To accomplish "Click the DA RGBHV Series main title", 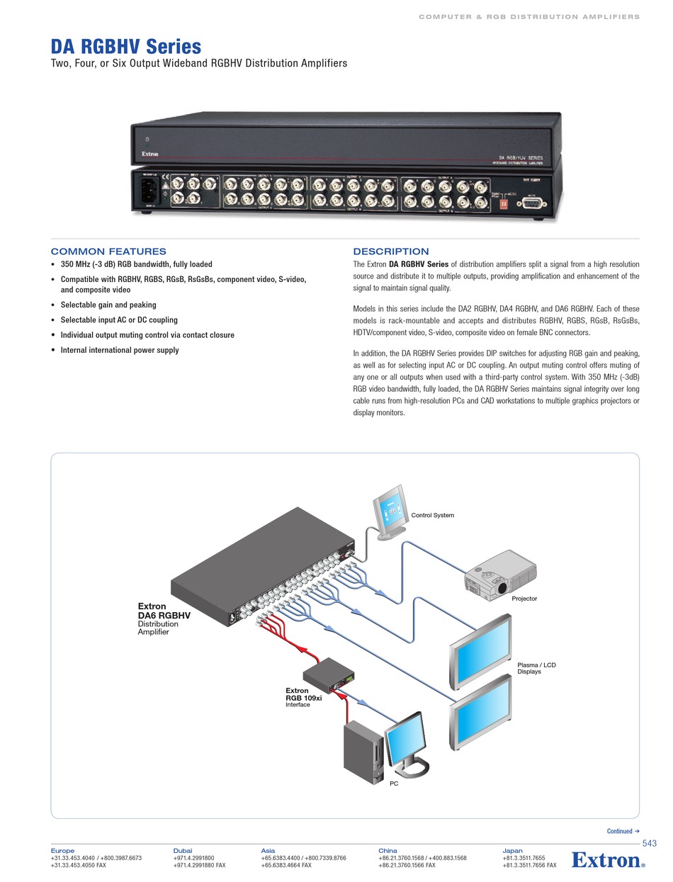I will [x=125, y=47].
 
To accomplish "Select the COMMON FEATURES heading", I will [x=108, y=251].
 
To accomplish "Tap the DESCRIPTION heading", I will [x=390, y=251].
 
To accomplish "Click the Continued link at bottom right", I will [x=623, y=831].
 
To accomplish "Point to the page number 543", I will [x=649, y=843].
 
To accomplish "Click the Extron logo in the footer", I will [x=608, y=860].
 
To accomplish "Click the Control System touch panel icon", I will [x=391, y=511].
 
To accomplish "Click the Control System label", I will [x=432, y=515].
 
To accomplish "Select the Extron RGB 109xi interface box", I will [x=327, y=675].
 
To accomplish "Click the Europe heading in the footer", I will [x=62, y=850].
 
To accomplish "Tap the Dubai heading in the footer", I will [x=183, y=850].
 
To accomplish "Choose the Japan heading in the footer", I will [x=512, y=850].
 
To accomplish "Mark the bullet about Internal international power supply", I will [x=119, y=350].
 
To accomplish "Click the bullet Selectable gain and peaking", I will [x=108, y=305].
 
